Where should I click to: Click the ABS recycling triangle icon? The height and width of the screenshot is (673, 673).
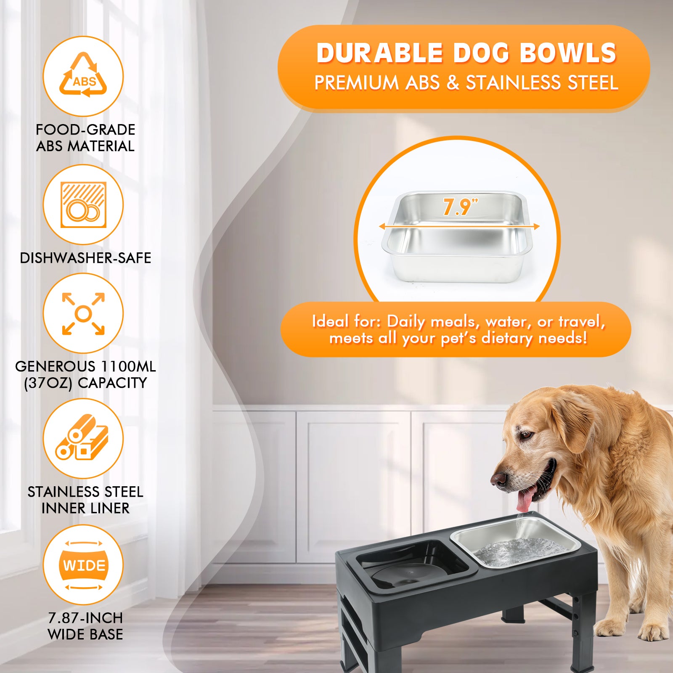tap(83, 75)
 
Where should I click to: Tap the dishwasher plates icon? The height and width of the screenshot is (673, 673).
tap(83, 205)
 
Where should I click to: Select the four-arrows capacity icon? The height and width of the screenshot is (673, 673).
tap(83, 314)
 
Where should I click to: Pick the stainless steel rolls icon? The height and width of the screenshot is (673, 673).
tap(82, 437)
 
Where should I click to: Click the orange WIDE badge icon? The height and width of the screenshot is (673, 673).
tap(84, 565)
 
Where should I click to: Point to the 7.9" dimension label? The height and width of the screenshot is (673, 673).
tap(460, 207)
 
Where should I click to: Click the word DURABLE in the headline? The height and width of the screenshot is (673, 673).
tap(379, 53)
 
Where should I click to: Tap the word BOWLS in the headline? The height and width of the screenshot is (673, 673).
tap(568, 53)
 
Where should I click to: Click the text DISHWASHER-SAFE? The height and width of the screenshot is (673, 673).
tap(85, 258)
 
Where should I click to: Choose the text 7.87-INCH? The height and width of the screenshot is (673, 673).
tap(85, 618)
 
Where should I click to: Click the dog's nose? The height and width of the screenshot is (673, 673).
tap(499, 479)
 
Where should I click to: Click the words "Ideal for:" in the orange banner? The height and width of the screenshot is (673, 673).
tap(347, 321)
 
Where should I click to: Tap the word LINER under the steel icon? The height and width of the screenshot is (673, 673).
tap(107, 508)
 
